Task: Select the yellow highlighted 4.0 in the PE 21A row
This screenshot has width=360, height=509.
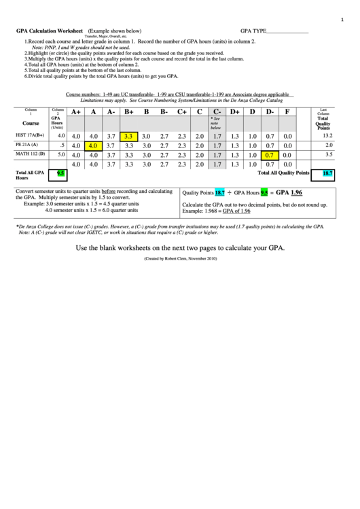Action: [93, 145]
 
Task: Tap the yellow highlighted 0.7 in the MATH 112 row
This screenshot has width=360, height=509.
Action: [269, 155]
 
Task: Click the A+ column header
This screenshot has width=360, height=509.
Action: [75, 112]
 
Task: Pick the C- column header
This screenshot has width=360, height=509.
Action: [217, 112]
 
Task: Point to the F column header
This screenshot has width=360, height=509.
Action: [287, 112]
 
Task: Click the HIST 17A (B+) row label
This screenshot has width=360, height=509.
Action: [30, 135]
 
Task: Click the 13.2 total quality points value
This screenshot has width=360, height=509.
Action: [327, 135]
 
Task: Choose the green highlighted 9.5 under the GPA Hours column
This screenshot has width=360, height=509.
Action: [60, 173]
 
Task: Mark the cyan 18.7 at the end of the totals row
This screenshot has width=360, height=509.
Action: [327, 173]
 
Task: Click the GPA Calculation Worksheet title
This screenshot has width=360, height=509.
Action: [50, 31]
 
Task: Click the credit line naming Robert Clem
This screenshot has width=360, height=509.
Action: [180, 259]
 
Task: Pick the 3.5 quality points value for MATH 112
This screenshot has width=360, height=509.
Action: [329, 154]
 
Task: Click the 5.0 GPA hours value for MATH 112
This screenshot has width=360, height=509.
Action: [60, 154]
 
